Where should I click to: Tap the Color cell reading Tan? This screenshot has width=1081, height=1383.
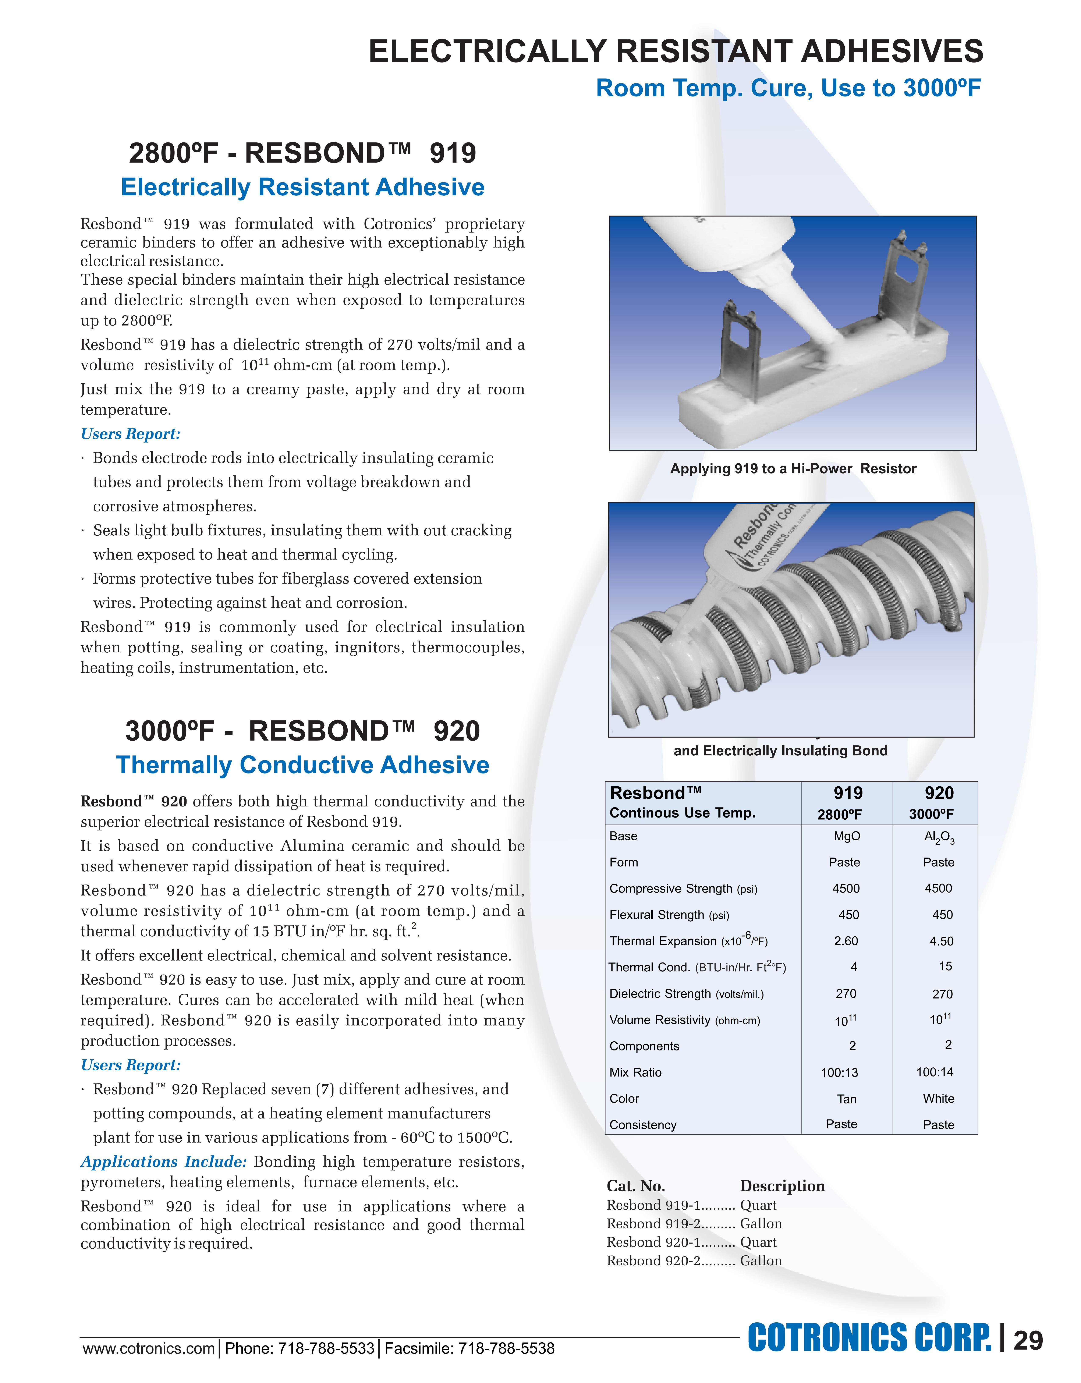tap(847, 1099)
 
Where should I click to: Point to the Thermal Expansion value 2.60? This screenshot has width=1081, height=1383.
tap(846, 941)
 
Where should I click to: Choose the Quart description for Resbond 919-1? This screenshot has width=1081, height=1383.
tap(758, 1205)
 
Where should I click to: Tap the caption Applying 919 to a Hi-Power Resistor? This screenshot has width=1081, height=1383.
tap(793, 469)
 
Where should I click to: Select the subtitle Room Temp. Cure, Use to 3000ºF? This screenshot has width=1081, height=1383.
tap(788, 88)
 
